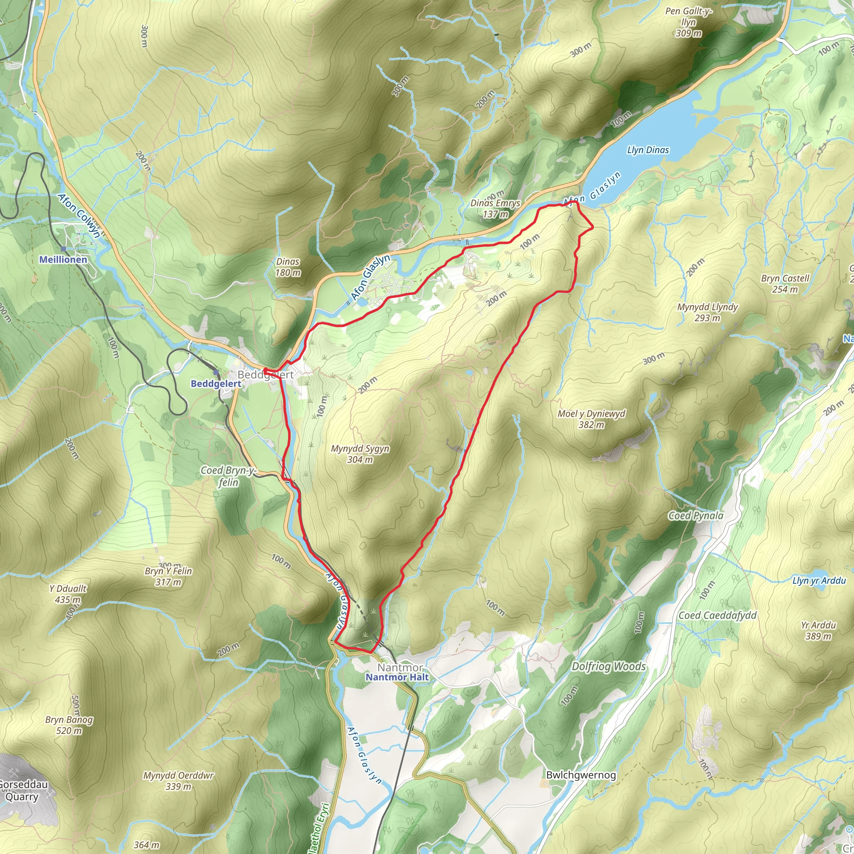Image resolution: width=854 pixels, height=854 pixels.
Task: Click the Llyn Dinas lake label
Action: (x=648, y=150)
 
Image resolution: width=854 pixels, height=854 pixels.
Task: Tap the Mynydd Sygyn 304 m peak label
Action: (x=360, y=454)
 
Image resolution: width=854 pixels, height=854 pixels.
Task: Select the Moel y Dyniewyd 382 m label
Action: (x=591, y=419)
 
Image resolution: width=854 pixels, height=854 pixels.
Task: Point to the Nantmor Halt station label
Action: (x=397, y=677)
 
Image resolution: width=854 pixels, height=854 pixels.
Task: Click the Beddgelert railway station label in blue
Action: (x=216, y=384)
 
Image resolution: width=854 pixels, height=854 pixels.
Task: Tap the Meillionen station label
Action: (x=63, y=259)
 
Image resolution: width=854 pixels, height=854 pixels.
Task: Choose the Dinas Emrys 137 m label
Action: (x=495, y=208)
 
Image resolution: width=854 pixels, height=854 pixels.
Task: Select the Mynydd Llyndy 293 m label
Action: (x=707, y=312)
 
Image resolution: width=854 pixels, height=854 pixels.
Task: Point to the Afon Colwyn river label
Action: (x=79, y=216)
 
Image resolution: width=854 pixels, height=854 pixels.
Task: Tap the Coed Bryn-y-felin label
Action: (x=228, y=476)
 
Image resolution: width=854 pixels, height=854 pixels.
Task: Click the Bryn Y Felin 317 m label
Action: (x=168, y=576)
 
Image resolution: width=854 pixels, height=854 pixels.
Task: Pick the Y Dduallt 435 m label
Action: (x=68, y=594)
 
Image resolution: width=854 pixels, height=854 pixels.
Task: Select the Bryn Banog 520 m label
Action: (x=69, y=725)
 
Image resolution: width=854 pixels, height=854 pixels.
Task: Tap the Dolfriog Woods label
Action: (x=608, y=667)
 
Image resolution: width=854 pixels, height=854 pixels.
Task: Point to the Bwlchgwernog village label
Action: (x=581, y=775)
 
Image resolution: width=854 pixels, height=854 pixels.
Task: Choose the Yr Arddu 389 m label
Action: (x=818, y=630)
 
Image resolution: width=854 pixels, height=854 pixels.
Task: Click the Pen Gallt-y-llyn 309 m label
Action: (x=688, y=22)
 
